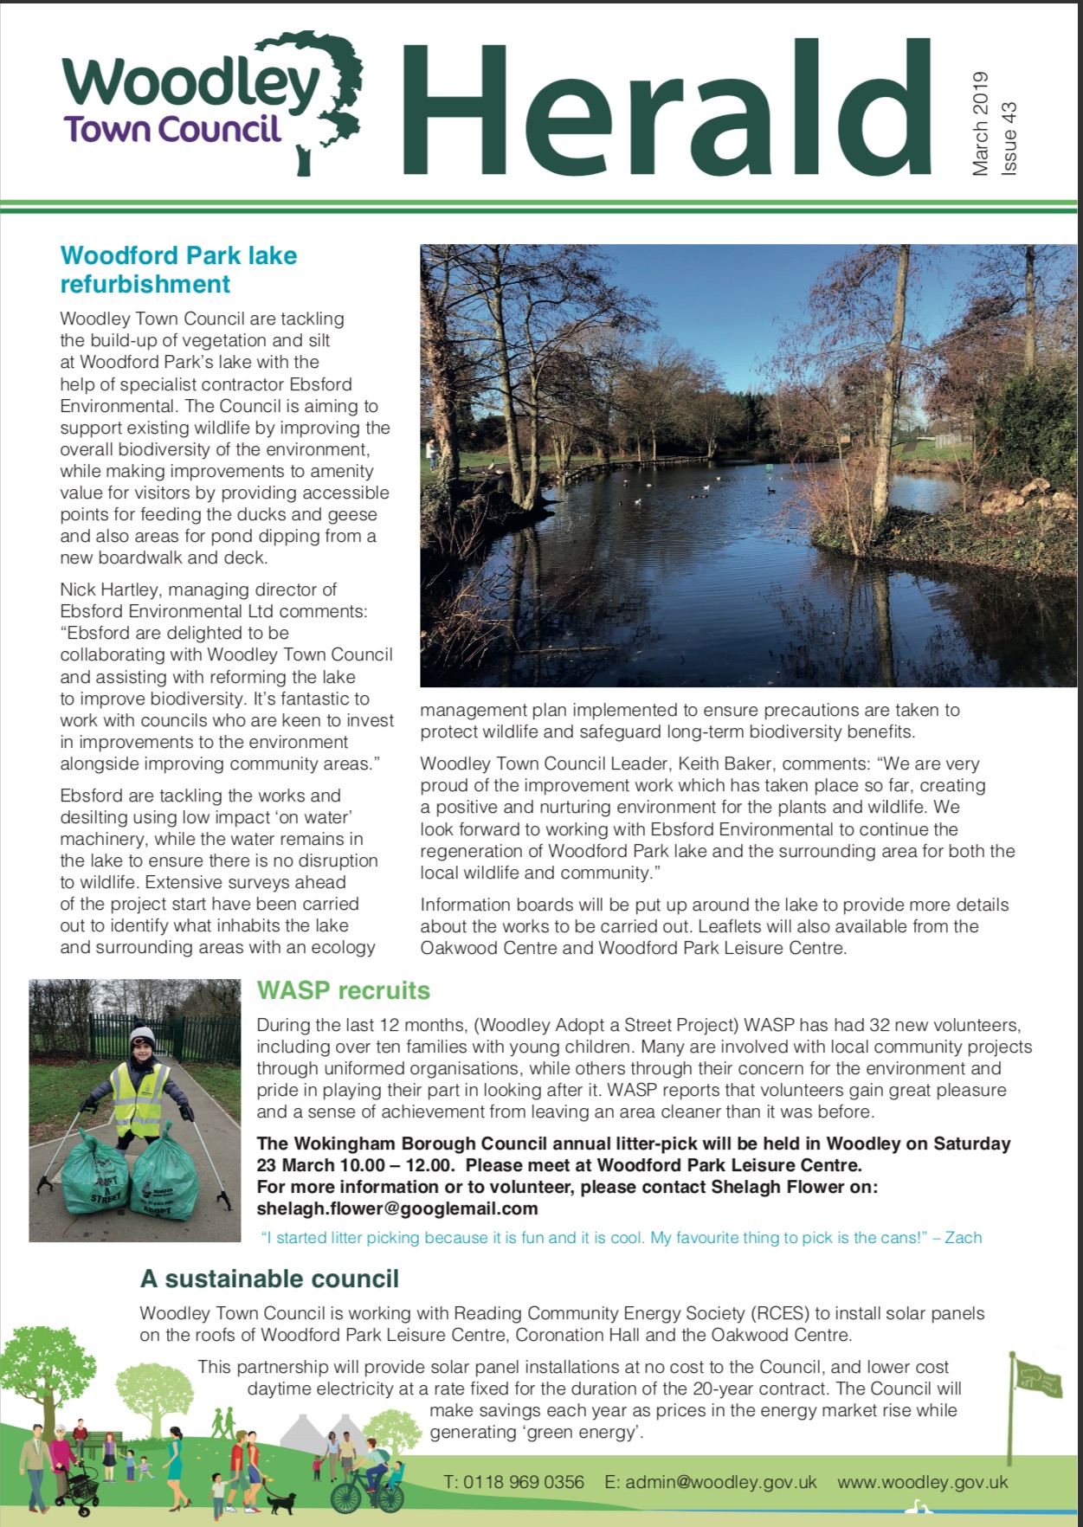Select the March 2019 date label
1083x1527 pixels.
(980, 124)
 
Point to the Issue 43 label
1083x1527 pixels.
(1009, 139)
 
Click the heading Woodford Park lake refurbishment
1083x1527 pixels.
(177, 269)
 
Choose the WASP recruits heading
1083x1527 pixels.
(343, 990)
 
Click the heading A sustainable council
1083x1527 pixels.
(269, 1279)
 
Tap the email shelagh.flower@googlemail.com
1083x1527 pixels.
(396, 1208)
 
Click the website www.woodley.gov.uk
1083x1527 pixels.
(922, 1482)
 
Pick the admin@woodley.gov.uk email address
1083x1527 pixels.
(720, 1482)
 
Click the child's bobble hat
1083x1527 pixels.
(142, 1035)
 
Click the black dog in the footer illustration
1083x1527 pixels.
(280, 1502)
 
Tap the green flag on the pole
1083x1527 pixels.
(1039, 1377)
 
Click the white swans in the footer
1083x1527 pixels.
(919, 1508)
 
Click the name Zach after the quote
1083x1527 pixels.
(963, 1238)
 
